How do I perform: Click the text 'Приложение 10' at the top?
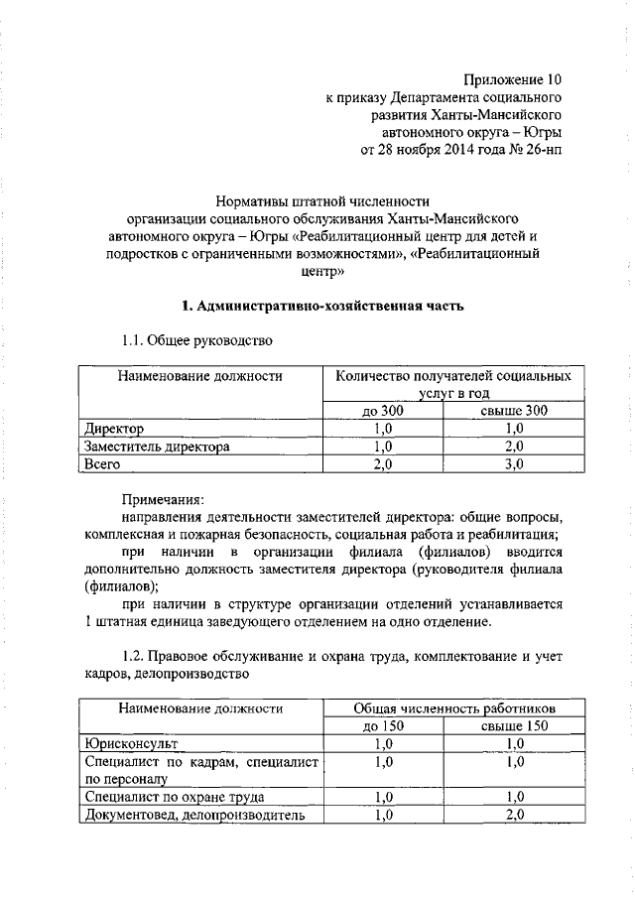(517, 78)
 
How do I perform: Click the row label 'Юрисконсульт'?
(130, 743)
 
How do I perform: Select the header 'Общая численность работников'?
(453, 708)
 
